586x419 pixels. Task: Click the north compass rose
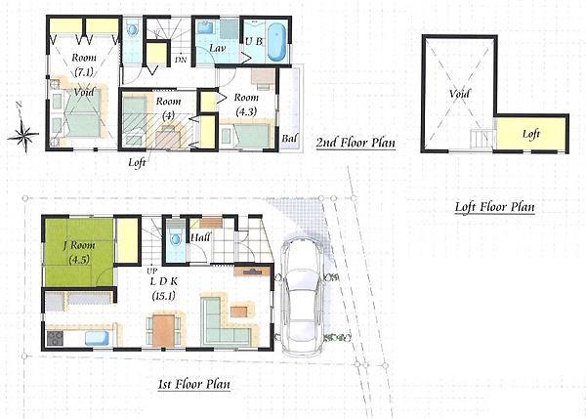23,133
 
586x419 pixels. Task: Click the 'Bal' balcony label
289,139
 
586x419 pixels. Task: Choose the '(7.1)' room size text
82,71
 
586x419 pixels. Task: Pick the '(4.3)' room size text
245,112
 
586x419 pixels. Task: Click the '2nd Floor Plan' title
356,143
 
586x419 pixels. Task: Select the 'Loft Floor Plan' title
494,207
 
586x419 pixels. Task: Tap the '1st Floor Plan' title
194,384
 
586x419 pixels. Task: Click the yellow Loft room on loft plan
530,134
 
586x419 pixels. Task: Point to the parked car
302,298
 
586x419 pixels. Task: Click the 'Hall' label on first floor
201,236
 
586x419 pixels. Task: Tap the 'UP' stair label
151,270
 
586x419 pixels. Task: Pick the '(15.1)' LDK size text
163,294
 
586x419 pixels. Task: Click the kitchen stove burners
55,339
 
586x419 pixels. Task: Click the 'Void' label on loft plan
459,95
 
